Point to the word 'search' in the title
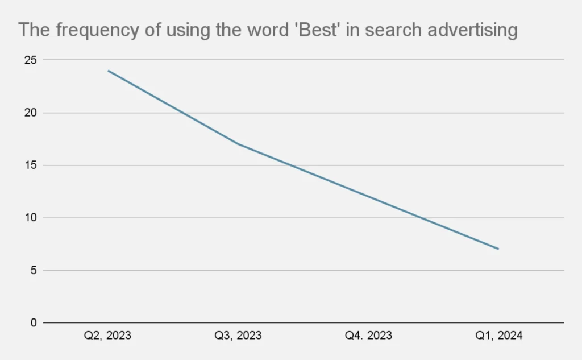tap(394, 30)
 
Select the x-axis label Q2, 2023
tap(107, 336)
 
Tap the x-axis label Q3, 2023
tap(238, 336)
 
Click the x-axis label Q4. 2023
tap(368, 336)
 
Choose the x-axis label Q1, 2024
tap(498, 336)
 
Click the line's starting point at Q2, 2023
tap(108, 71)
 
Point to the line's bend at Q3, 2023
tap(238, 144)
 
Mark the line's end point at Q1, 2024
tap(498, 249)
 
